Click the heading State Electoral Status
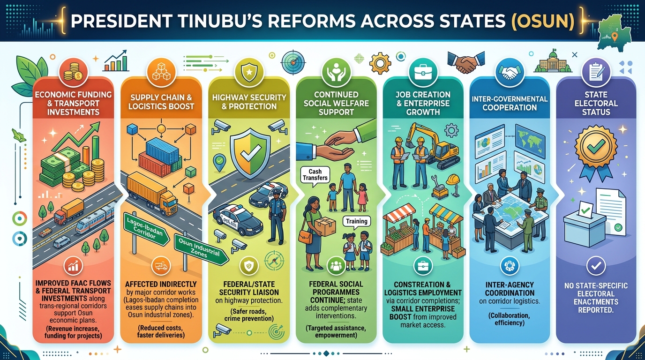(x=596, y=103)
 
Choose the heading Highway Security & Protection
(x=249, y=102)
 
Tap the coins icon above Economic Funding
(x=73, y=72)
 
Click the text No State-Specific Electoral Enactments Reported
(x=596, y=298)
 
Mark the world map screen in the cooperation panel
(x=530, y=139)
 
